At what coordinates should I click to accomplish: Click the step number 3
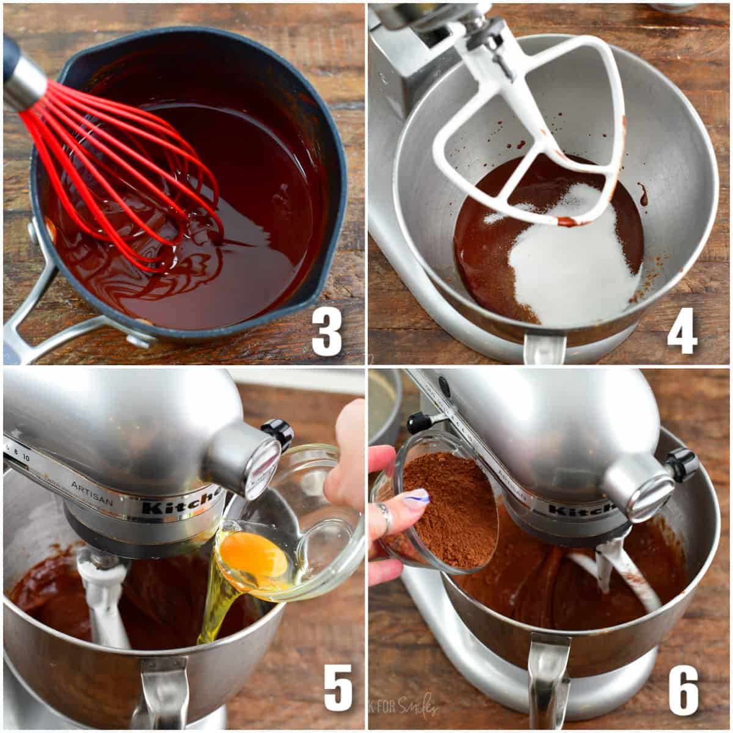pyautogui.click(x=327, y=331)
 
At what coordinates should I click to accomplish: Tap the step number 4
pyautogui.click(x=682, y=331)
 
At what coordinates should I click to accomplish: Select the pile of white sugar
pyautogui.click(x=568, y=269)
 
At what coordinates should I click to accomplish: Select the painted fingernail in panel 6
pyautogui.click(x=415, y=497)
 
